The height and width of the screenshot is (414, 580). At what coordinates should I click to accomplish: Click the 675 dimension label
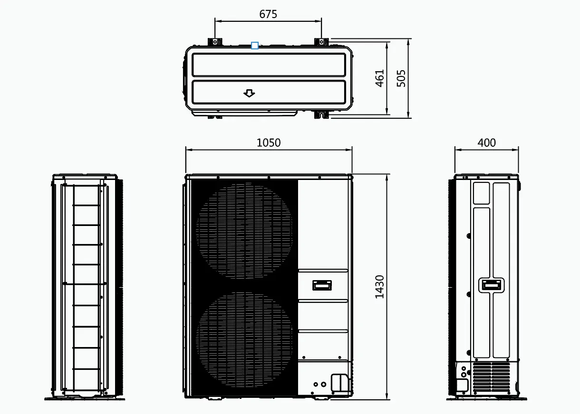[268, 14]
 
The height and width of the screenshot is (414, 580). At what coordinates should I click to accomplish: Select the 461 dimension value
[379, 78]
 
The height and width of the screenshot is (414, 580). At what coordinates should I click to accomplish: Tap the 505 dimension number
[401, 78]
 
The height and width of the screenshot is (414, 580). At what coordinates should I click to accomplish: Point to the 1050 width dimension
[269, 143]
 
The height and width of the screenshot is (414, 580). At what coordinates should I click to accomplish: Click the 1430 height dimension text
[379, 287]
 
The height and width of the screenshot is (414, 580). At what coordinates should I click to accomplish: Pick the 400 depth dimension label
[486, 143]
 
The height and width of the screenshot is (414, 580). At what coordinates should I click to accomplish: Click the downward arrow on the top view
[249, 93]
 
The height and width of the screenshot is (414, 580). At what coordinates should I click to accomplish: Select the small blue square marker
[255, 46]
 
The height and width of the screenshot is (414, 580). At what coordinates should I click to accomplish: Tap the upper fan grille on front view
[244, 230]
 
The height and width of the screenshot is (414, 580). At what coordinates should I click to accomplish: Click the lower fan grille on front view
[244, 340]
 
